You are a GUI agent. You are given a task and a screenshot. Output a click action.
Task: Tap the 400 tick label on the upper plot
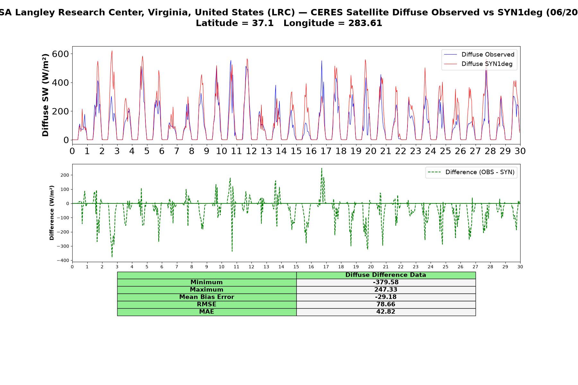pos(60,83)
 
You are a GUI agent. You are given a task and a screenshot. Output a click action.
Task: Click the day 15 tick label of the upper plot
pos(296,151)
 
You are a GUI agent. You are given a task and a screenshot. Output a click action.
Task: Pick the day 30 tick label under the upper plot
pos(520,151)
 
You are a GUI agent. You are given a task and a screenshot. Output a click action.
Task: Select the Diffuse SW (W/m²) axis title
pos(46,95)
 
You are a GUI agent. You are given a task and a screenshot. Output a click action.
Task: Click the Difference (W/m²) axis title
pos(52,213)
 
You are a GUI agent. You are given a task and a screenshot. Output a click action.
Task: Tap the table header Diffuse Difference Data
pos(386,275)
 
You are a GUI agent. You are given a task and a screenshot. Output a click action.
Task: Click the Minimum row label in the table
pos(206,282)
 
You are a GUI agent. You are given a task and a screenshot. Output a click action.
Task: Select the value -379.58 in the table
pos(386,282)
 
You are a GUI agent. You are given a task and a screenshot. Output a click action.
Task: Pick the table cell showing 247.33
pos(386,290)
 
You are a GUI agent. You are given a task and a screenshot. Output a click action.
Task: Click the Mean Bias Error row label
pos(206,297)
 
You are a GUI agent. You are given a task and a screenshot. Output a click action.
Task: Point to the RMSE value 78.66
pos(386,304)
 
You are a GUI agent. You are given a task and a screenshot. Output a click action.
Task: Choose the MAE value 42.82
pos(386,312)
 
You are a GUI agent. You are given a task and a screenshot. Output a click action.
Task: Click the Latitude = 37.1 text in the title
pos(235,23)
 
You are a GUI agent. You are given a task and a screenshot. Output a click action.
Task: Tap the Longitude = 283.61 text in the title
pos(333,23)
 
